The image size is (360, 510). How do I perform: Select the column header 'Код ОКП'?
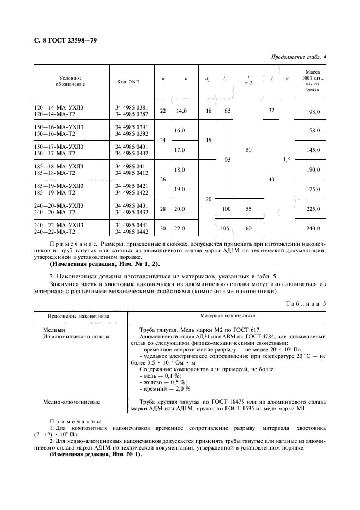[x=128, y=82]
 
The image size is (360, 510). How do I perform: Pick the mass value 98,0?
[x=314, y=111]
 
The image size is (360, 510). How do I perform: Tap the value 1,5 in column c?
[x=287, y=160]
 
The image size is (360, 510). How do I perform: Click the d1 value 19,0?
[x=180, y=189]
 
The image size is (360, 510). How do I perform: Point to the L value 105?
[x=225, y=228]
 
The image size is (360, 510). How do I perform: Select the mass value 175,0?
[x=314, y=189]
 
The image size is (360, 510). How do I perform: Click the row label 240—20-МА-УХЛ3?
[x=59, y=205]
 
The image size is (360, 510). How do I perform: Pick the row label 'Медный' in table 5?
[x=54, y=330]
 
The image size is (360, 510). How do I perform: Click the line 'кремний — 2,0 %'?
[x=164, y=389]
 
